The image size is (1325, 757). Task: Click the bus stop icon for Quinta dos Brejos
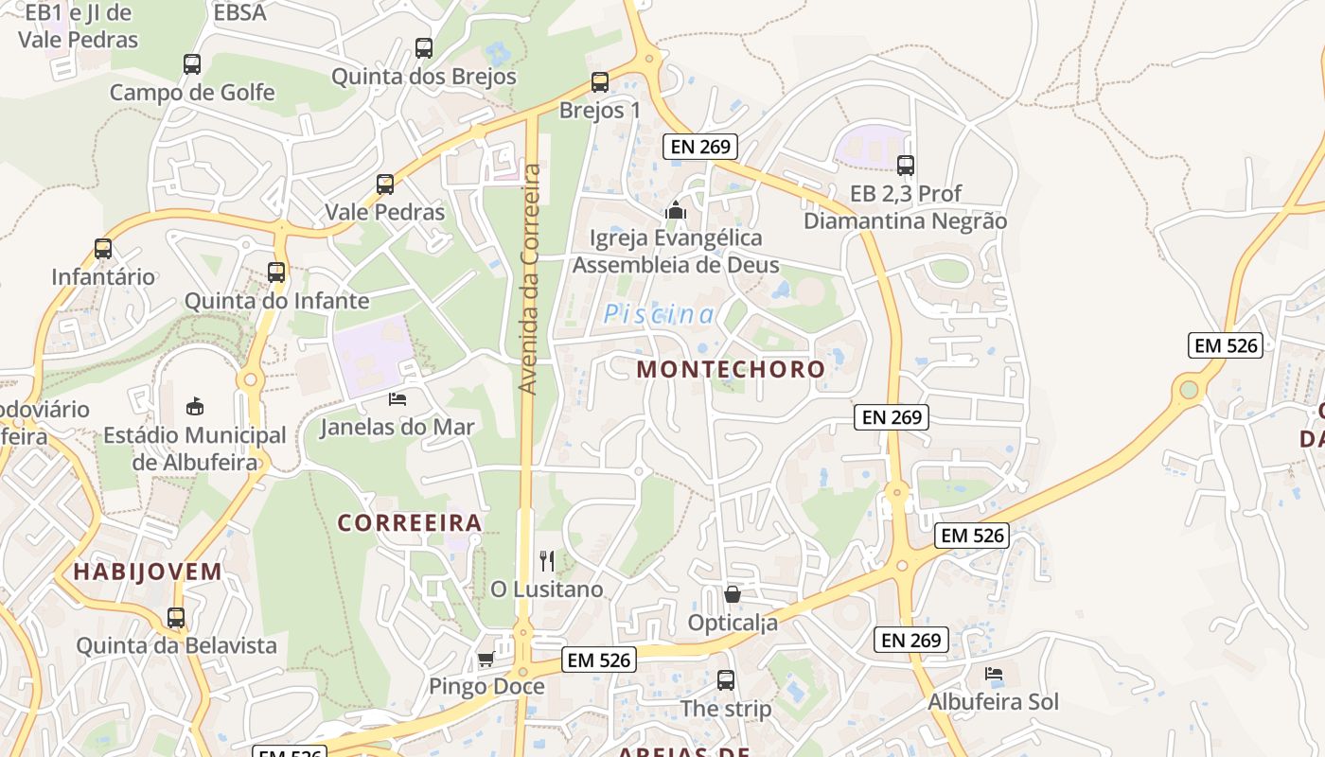[x=424, y=47]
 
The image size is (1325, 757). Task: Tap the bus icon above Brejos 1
[x=599, y=82]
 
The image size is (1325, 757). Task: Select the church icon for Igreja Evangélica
[x=675, y=210]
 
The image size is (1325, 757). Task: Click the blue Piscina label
[x=659, y=314]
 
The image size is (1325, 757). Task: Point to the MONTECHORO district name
[x=731, y=369]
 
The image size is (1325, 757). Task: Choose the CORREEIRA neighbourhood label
[x=410, y=522]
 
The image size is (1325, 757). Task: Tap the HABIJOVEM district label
[x=148, y=572]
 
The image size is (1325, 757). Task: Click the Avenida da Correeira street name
[x=530, y=279]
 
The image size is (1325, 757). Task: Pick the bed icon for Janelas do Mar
[x=397, y=399]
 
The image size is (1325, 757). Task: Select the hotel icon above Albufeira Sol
[x=993, y=674]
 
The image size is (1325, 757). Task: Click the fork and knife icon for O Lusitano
[x=547, y=561]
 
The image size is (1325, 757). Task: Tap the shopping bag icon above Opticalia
[x=732, y=594]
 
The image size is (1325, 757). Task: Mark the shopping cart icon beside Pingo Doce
[x=486, y=659]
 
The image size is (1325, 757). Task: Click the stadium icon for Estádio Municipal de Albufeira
[x=195, y=407]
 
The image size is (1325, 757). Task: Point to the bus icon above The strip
[x=726, y=680]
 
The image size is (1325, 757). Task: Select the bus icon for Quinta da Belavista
[x=176, y=618]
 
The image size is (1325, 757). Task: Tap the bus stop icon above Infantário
[x=103, y=249]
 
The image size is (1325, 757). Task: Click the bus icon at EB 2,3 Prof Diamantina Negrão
[x=906, y=166]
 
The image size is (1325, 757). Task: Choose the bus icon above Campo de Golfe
[x=192, y=64]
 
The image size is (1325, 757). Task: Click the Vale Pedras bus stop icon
[x=385, y=185]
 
